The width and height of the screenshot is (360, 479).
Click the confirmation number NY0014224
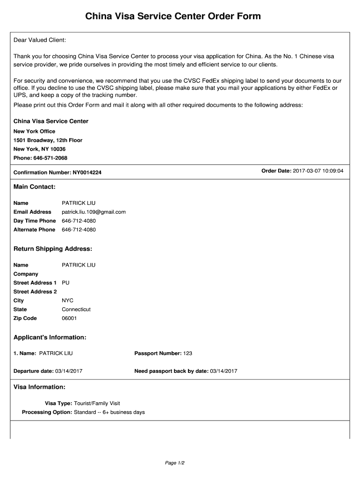pyautogui.click(x=87, y=173)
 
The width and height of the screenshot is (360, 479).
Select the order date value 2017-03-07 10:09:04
pyautogui.click(x=318, y=171)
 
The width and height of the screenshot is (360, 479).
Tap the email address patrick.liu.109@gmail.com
pyautogui.click(x=94, y=212)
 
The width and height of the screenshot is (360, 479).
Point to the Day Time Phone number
pyautogui.click(x=79, y=221)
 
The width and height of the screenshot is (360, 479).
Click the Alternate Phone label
pyautogui.click(x=34, y=230)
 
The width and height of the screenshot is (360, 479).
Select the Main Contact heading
pyautogui.click(x=35, y=187)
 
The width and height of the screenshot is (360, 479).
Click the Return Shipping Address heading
pyautogui.click(x=53, y=249)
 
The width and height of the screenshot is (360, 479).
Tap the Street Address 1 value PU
pyautogui.click(x=65, y=283)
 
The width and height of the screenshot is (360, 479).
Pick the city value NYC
pyautogui.click(x=67, y=301)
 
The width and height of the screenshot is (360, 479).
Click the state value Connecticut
pyautogui.click(x=76, y=310)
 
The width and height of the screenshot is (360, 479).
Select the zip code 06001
pyautogui.click(x=69, y=319)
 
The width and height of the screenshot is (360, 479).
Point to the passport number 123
pyautogui.click(x=187, y=353)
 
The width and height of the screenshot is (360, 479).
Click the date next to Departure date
pyautogui.click(x=69, y=371)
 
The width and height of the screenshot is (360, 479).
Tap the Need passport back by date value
pyautogui.click(x=223, y=371)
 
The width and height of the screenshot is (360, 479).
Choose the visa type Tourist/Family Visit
pyautogui.click(x=97, y=403)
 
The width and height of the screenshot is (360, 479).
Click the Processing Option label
pyautogui.click(x=47, y=412)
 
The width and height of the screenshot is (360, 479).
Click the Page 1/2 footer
pyautogui.click(x=175, y=463)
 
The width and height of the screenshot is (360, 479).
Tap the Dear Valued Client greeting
pyautogui.click(x=40, y=40)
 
